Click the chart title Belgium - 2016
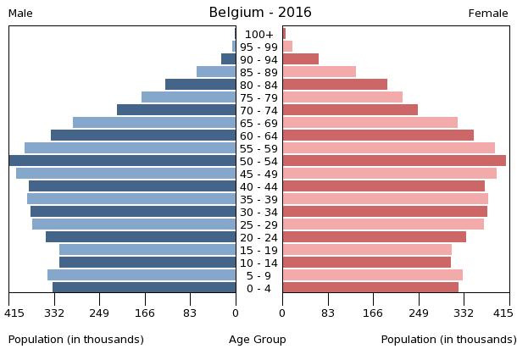tap(260, 13)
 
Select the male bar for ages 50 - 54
tap(123, 161)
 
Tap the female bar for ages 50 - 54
tap(394, 161)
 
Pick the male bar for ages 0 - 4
tap(144, 288)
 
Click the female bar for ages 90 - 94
tap(301, 59)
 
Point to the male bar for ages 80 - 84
tap(201, 85)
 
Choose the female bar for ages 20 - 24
tap(374, 237)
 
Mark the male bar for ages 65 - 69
tap(154, 123)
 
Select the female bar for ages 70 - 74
tap(350, 110)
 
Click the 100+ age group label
tap(259, 34)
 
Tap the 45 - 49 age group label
tap(259, 174)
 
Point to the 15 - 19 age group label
tap(259, 250)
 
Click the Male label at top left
tap(20, 14)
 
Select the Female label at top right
tap(488, 14)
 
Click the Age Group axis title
tap(258, 340)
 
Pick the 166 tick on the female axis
tap(373, 313)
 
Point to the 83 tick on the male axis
tap(190, 313)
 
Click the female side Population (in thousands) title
tap(448, 340)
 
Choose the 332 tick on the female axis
tap(464, 313)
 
